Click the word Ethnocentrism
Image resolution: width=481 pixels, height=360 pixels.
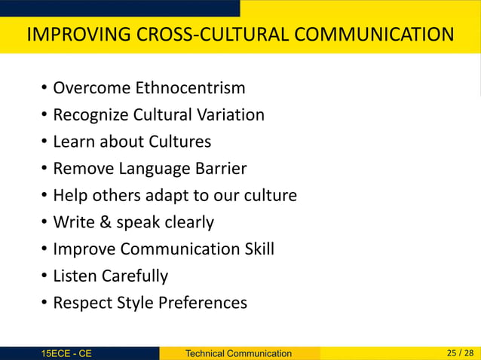190,88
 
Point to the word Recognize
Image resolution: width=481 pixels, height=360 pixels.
90,115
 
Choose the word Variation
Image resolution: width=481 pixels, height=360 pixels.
229,115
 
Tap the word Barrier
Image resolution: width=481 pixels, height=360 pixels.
219,169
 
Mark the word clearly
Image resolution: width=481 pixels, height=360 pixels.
185,222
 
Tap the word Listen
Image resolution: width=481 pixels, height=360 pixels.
74,276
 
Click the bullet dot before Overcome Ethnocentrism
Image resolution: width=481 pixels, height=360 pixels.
44,89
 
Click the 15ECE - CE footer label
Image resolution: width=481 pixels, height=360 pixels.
67,353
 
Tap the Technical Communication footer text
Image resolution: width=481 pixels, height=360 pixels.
238,353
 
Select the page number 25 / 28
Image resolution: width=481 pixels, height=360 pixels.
460,352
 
